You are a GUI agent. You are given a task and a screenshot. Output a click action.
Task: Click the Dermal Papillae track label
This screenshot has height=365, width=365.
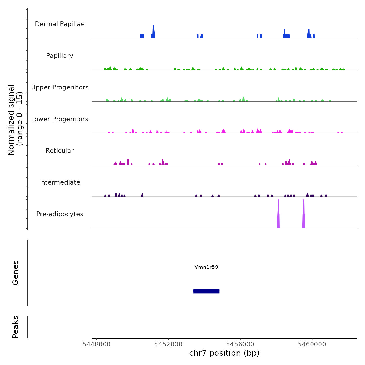point(60,24)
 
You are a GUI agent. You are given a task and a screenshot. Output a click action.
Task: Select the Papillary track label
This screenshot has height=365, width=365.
point(60,56)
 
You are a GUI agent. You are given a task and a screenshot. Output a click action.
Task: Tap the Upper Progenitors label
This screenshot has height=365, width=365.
point(60,87)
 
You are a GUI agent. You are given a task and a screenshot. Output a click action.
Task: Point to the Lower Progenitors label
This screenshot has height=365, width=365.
point(60,119)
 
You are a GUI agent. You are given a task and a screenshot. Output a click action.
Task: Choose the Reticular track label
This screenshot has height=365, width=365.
point(60,151)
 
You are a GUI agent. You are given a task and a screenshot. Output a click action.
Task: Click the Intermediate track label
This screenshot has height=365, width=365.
point(60,182)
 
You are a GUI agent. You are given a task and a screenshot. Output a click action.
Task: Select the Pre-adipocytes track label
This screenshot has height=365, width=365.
point(60,214)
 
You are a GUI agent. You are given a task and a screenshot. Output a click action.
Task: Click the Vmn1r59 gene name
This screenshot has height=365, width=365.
point(206,267)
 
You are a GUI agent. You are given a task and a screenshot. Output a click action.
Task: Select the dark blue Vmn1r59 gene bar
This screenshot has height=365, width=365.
point(206,291)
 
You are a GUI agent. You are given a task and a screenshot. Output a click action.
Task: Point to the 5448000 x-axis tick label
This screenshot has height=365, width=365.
point(96,344)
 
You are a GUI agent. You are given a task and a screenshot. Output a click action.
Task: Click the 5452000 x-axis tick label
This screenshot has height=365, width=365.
point(168,344)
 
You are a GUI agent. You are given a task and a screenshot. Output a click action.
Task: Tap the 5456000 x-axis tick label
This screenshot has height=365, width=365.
point(240,344)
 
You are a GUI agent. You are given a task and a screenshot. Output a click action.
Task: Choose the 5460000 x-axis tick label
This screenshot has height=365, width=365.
point(312,344)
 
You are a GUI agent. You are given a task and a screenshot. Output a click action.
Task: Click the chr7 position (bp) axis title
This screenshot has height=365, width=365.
point(224,353)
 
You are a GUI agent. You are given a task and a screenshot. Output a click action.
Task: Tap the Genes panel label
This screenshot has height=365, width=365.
point(15,273)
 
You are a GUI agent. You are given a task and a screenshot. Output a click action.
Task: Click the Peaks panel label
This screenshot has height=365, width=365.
point(15,327)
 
